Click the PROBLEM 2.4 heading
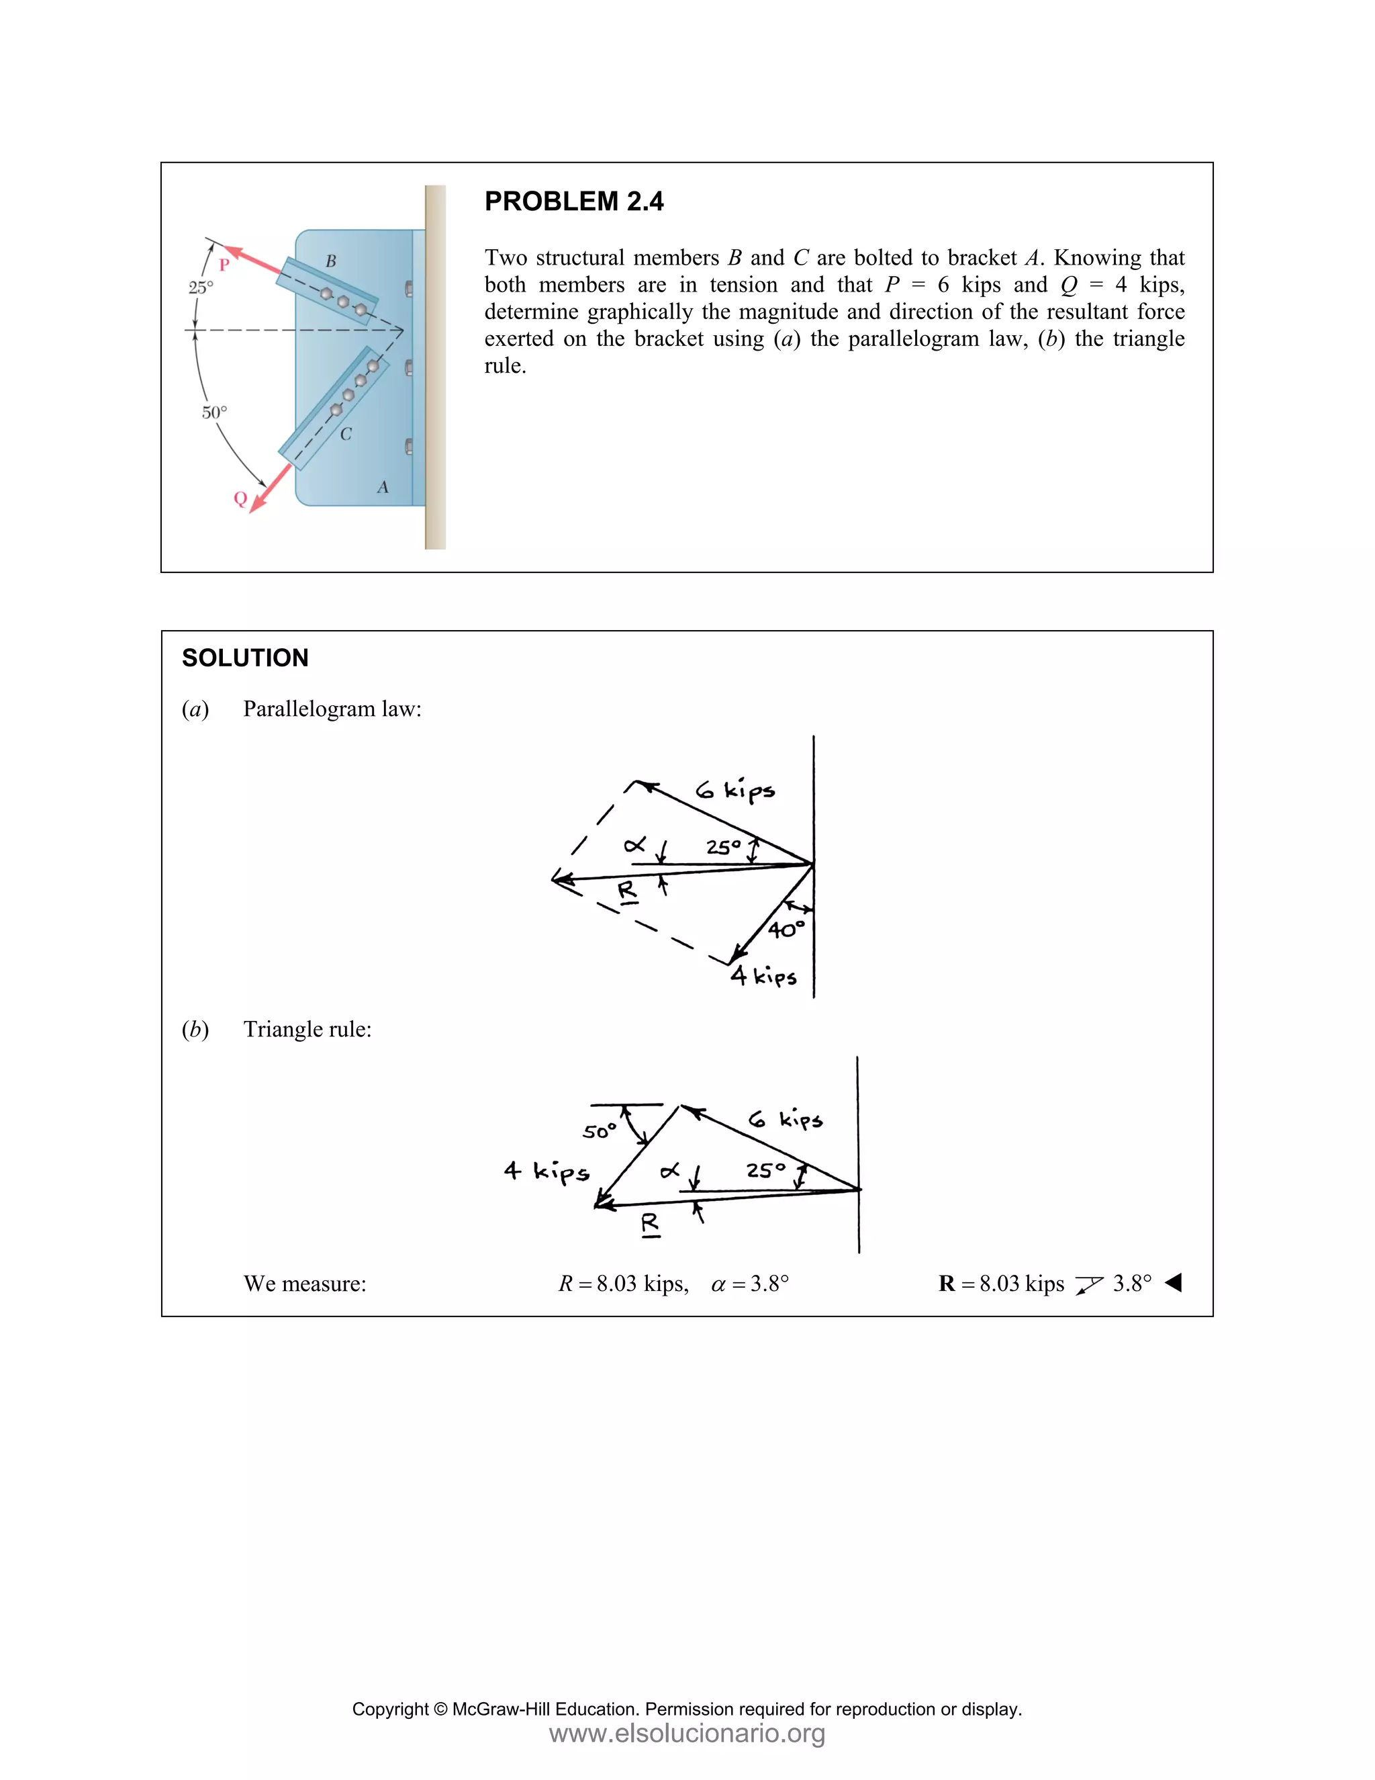pyautogui.click(x=573, y=202)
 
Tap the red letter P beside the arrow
pyautogui.click(x=224, y=265)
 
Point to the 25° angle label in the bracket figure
pyautogui.click(x=200, y=287)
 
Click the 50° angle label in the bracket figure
pyautogui.click(x=214, y=412)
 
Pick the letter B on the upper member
pyautogui.click(x=331, y=261)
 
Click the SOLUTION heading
pyautogui.click(x=245, y=658)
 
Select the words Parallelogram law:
pyautogui.click(x=332, y=709)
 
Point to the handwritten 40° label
pyautogui.click(x=786, y=929)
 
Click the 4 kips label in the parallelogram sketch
pyautogui.click(x=763, y=975)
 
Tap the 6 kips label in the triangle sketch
pyautogui.click(x=786, y=1119)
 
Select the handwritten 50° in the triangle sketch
pyautogui.click(x=600, y=1131)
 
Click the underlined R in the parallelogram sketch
pyautogui.click(x=626, y=891)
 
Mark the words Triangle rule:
pyautogui.click(x=307, y=1029)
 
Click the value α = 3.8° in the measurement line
pyautogui.click(x=750, y=1284)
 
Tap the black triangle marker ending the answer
pyautogui.click(x=1174, y=1283)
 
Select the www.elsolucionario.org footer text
pyautogui.click(x=687, y=1733)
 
